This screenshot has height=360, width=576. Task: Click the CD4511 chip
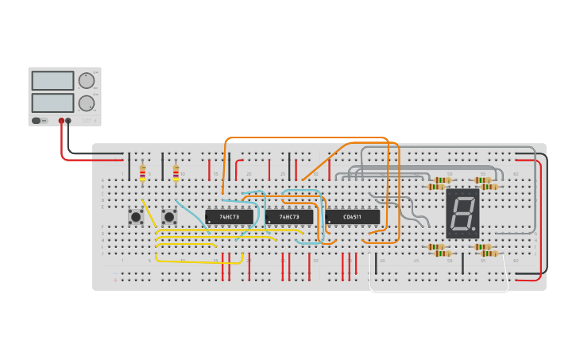point(353,216)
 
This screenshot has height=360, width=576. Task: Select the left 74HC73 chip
point(230,216)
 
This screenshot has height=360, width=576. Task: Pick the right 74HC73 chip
point(290,216)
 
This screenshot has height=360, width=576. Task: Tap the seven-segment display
point(462,214)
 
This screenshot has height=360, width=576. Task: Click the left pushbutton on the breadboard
point(136,216)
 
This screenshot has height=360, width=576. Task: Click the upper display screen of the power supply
point(52,80)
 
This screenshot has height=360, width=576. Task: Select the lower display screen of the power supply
point(52,103)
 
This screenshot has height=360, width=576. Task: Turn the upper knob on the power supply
point(86,80)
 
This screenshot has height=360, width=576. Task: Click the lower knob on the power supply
point(86,103)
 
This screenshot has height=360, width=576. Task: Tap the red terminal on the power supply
point(61,121)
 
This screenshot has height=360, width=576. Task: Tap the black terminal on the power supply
point(68,121)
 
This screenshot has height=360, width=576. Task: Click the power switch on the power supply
point(37,121)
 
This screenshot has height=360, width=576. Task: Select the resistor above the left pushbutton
point(142,174)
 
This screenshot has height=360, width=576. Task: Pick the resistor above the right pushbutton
point(176,174)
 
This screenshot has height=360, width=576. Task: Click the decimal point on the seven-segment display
point(476,233)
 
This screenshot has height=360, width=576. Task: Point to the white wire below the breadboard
point(437,292)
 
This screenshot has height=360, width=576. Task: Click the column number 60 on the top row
point(515,173)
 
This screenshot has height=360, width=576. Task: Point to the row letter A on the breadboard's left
point(102,180)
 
